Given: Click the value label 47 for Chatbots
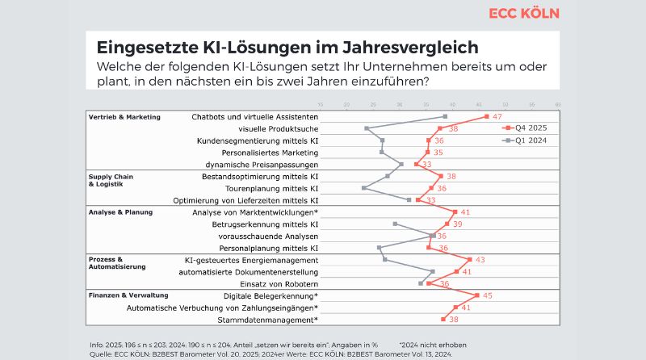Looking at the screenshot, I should (x=497, y=117).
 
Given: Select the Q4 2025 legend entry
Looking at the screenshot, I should (x=530, y=128).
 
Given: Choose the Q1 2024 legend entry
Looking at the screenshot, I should (x=530, y=140).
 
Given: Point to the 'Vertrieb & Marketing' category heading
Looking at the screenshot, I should (x=124, y=117).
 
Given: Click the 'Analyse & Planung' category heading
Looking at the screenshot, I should (x=120, y=211).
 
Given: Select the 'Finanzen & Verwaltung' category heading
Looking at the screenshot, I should (x=129, y=295).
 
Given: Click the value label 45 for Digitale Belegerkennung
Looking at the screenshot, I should (x=488, y=295).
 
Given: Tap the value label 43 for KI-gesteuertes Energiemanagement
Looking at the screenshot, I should (x=480, y=260).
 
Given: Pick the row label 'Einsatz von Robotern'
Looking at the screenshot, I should (x=279, y=284).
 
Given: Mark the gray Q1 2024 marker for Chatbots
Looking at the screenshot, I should (x=445, y=117).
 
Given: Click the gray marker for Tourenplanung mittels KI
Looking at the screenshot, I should (x=364, y=188).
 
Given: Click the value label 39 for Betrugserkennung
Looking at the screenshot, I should (x=457, y=224).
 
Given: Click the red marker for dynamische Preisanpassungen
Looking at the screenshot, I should (x=417, y=165).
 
